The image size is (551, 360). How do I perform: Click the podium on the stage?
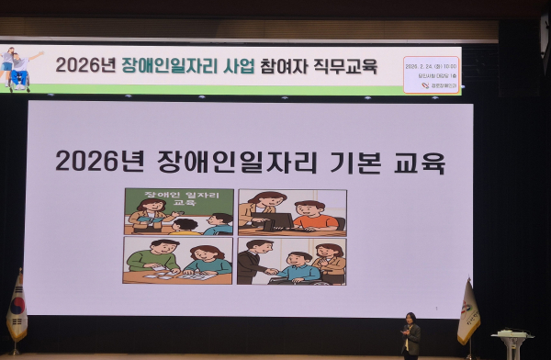click(512, 342)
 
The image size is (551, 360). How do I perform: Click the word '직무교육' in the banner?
click(351, 65)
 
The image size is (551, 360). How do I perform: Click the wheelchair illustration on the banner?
click(18, 76)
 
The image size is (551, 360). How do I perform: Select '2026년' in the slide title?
click(92, 162)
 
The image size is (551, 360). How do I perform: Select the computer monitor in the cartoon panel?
click(278, 221)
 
